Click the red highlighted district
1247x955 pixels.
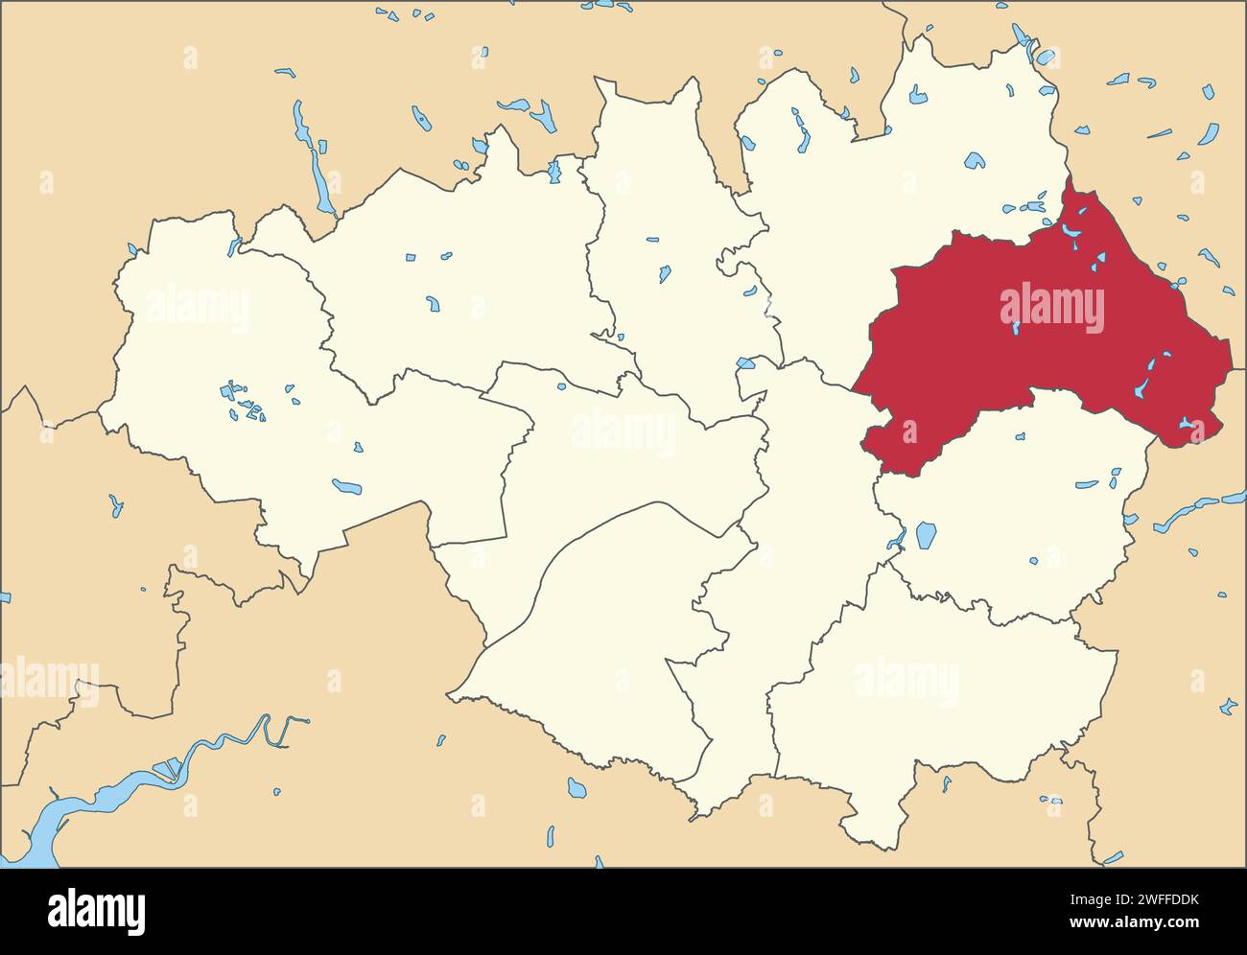coord(959,364)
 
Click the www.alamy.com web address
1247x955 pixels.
coord(1150,924)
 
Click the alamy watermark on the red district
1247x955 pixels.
coord(1051,307)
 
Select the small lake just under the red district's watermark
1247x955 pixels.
coord(1015,329)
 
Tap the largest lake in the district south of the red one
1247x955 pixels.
coord(925,534)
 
